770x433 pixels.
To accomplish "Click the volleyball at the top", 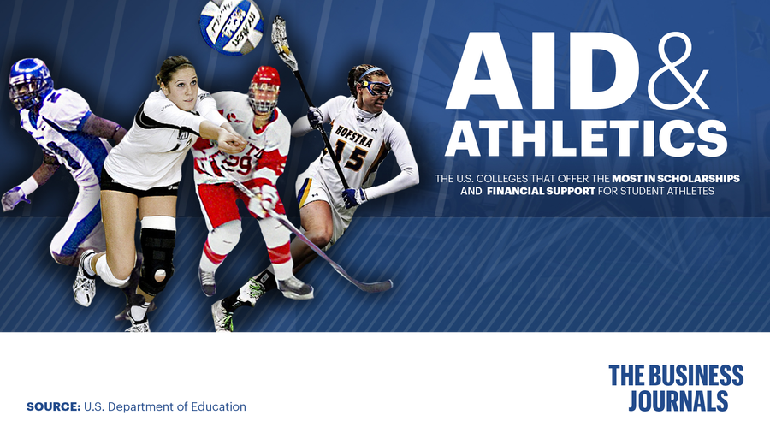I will [231, 26].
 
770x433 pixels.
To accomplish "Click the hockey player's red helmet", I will [265, 86].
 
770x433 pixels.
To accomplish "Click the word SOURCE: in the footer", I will [53, 406].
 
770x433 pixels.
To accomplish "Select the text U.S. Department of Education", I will [164, 406].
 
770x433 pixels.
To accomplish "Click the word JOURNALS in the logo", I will [678, 400].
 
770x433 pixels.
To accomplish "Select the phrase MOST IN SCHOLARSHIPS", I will [676, 178].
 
